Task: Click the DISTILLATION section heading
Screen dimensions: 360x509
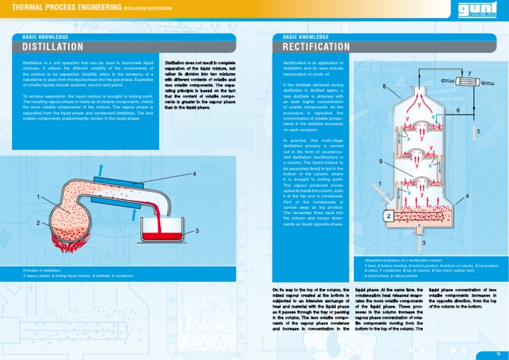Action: (x=52, y=47)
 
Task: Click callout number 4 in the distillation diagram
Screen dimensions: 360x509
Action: (x=194, y=174)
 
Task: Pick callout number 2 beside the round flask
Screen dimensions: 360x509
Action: (x=38, y=221)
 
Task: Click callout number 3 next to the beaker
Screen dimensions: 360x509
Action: (x=197, y=230)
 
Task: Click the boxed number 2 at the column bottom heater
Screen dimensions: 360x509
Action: (x=386, y=216)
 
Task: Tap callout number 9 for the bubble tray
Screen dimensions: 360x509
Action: (x=380, y=161)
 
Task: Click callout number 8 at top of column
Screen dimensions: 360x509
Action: (x=384, y=87)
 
